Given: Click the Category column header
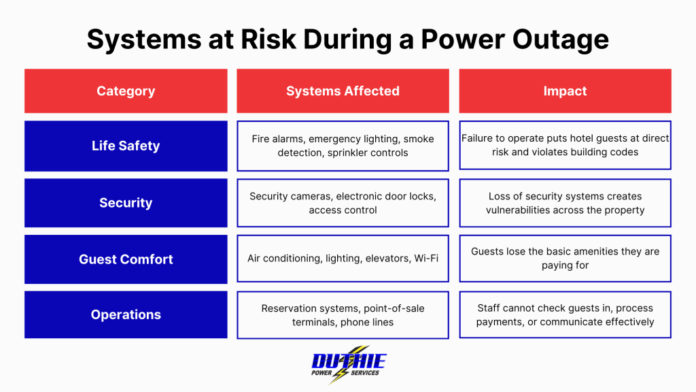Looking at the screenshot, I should coord(126,91).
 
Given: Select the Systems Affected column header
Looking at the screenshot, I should coord(343,91).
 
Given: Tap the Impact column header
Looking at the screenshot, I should coord(565,91).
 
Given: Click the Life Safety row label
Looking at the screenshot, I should coord(126,146).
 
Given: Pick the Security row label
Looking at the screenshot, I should coord(126,203).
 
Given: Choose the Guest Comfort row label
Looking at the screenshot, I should coord(126,259).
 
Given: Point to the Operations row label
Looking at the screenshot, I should coord(126,314).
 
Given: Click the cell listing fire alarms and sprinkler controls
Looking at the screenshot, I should coord(343,146).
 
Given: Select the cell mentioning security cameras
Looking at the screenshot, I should coord(343,203).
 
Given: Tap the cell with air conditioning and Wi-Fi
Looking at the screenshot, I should coord(343,259).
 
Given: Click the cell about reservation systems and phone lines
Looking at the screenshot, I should coord(343,315).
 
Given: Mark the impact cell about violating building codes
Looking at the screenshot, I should coord(565,146).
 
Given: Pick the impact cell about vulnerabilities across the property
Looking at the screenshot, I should coord(565,203).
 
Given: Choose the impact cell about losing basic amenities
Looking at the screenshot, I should coord(565,259).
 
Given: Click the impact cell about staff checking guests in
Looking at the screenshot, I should coord(565,315).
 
